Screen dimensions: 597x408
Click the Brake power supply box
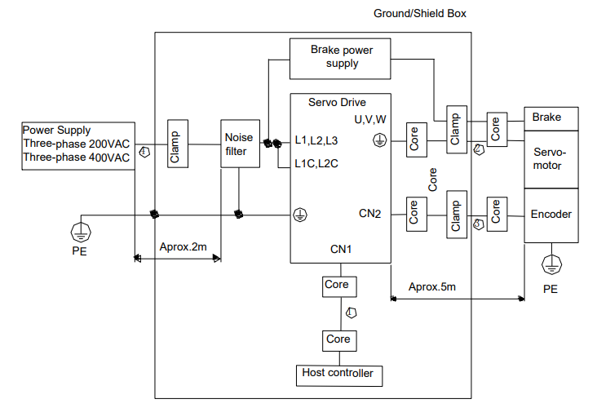(x=340, y=59)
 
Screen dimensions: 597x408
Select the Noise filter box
(x=241, y=144)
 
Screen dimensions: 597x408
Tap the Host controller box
(x=339, y=375)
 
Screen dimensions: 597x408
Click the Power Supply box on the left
(x=78, y=146)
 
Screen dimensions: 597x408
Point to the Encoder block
(x=551, y=215)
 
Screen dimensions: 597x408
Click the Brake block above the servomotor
(x=551, y=119)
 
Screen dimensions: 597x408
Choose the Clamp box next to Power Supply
(x=178, y=144)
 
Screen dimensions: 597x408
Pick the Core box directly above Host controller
(x=339, y=340)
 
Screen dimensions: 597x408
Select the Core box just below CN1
(x=339, y=286)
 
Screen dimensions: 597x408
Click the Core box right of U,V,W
(x=417, y=140)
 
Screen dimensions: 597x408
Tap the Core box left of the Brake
(x=497, y=130)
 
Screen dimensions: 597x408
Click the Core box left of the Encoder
(x=497, y=214)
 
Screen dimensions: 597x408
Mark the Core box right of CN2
(x=417, y=214)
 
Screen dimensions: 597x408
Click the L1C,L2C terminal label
(x=316, y=164)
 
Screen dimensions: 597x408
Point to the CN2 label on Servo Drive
(x=369, y=214)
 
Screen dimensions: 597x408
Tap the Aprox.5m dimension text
(x=432, y=287)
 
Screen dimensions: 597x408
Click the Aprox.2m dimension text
(x=184, y=247)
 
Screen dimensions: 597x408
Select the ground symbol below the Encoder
(x=551, y=264)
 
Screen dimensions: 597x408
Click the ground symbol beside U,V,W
(x=379, y=140)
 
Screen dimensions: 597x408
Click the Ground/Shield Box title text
(x=420, y=14)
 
